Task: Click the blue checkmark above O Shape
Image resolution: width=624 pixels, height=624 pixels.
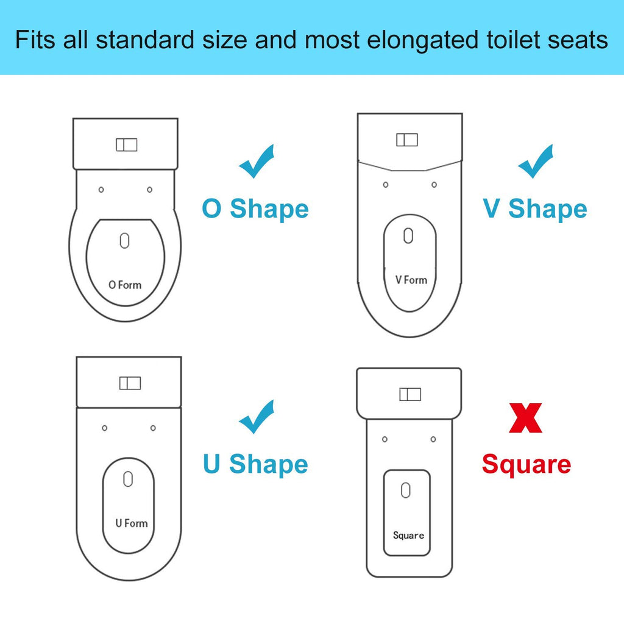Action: (x=256, y=163)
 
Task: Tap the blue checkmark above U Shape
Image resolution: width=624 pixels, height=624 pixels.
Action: (x=256, y=418)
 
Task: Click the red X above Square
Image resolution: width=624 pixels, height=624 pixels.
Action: (x=525, y=419)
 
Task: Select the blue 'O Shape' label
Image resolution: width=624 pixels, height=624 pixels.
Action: (x=255, y=209)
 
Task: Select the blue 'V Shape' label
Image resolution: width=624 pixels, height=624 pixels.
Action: (x=535, y=209)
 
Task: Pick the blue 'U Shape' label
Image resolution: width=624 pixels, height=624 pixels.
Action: (x=255, y=464)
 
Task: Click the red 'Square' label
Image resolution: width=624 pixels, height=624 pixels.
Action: (x=526, y=464)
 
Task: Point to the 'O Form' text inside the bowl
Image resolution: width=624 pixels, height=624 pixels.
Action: (x=125, y=285)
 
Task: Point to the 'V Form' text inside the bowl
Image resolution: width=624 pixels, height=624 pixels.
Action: (x=411, y=280)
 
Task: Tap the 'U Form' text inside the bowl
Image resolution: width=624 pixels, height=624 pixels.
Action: (x=132, y=523)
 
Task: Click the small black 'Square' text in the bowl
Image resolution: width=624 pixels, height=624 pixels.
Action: (x=408, y=535)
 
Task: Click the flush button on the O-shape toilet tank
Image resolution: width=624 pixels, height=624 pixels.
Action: (x=127, y=145)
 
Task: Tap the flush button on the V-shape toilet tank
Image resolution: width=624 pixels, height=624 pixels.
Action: (x=407, y=140)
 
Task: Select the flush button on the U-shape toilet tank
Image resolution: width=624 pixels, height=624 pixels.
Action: (x=130, y=383)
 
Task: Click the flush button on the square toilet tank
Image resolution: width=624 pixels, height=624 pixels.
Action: (x=410, y=394)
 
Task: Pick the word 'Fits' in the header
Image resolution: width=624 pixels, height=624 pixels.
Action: (x=34, y=40)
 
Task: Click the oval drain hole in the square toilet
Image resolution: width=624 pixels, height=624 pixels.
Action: (x=406, y=490)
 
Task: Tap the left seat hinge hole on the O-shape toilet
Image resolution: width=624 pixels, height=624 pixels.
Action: (x=101, y=190)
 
